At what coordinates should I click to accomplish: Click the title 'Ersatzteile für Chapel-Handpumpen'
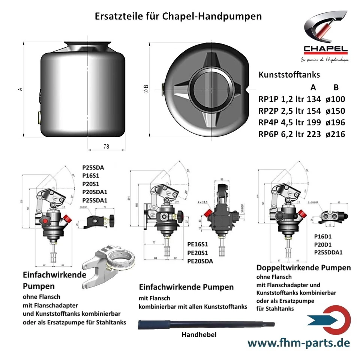coord(178,16)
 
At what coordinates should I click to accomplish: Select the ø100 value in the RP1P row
coord(335,99)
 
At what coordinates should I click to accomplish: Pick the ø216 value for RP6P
coord(335,134)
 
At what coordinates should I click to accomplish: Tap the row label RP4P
coord(269,122)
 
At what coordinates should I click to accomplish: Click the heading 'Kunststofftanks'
coord(289,75)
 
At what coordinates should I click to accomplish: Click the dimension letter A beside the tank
coord(21,89)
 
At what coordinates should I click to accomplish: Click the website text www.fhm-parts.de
coord(298,343)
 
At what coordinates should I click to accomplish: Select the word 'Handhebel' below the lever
coord(199,334)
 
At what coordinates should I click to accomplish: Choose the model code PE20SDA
coord(200,261)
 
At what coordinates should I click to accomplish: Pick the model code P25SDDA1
coord(328,252)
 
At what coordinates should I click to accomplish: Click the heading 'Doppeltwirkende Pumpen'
coord(304,268)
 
